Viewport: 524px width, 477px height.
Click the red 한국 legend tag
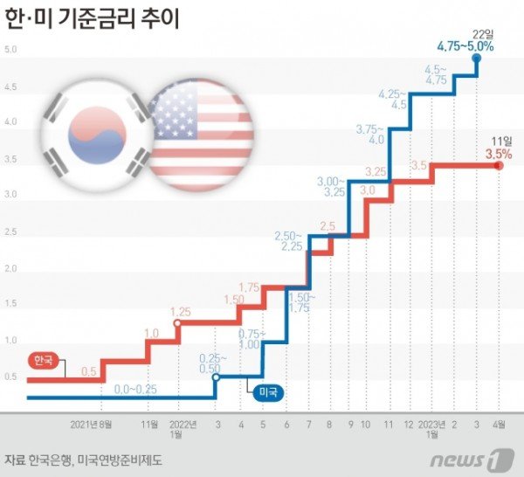click(42, 360)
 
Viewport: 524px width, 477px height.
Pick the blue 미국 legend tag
click(269, 394)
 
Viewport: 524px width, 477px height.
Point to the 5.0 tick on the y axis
click(11, 49)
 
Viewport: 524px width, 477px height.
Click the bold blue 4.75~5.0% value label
click(465, 45)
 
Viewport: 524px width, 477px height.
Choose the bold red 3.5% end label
click(499, 154)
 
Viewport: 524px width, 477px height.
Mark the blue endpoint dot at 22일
click(477, 59)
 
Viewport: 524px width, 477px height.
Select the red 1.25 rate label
click(180, 312)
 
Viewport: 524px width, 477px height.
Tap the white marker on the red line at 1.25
click(177, 324)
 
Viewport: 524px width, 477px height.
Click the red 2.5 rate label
click(327, 226)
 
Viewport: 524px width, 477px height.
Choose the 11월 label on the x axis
click(149, 425)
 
